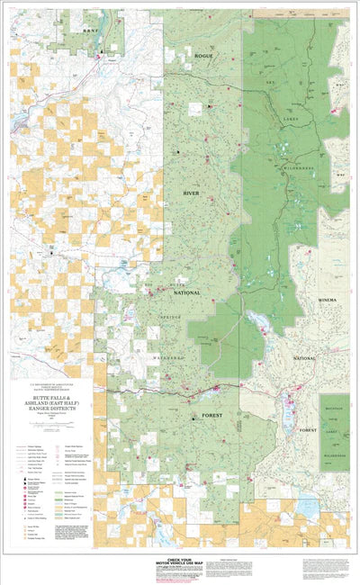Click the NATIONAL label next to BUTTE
click(186, 292)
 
